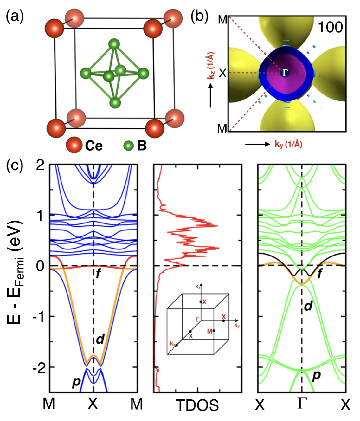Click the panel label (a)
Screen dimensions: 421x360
(15, 16)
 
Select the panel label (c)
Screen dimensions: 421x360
(15, 165)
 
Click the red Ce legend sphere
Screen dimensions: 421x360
(74, 145)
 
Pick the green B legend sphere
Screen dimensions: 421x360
(129, 146)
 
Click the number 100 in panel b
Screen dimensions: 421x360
(330, 27)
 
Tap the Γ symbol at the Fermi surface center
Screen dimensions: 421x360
(285, 73)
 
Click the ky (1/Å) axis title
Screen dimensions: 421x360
(288, 144)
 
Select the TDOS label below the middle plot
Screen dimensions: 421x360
(197, 405)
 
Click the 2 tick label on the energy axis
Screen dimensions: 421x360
(40, 165)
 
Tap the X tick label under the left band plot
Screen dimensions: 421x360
(93, 404)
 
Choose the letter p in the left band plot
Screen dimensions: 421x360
(76, 382)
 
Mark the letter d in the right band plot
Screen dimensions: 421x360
(308, 306)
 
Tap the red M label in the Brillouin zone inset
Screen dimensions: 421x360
(209, 332)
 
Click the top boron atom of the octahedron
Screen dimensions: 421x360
(114, 44)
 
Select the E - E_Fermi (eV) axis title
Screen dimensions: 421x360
(15, 272)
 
